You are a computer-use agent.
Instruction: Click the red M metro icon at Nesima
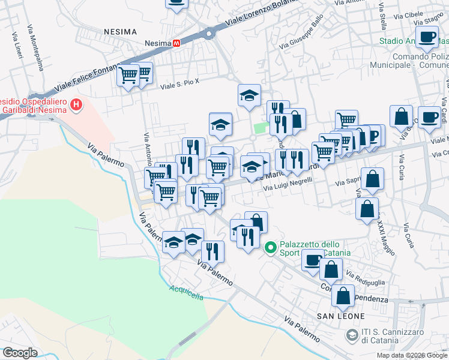(x=176, y=43)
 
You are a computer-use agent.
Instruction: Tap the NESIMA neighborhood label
(x=120, y=31)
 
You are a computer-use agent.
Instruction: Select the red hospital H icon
(x=76, y=105)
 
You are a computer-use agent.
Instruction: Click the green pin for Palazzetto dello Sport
(x=270, y=247)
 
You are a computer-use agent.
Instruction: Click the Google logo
(x=20, y=353)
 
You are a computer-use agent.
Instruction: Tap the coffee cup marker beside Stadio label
(x=427, y=37)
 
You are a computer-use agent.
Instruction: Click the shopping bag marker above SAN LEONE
(x=343, y=296)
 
